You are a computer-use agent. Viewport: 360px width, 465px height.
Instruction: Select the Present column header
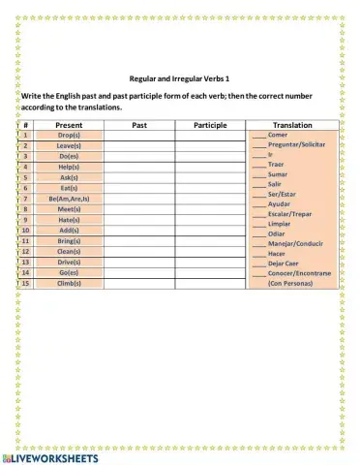point(69,125)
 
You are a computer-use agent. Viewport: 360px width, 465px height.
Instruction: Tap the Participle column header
point(210,125)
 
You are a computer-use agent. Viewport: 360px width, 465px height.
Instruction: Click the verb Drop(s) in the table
point(69,136)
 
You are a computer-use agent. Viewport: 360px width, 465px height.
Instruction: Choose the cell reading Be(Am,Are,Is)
point(69,199)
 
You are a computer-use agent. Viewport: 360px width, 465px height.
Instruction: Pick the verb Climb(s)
point(69,284)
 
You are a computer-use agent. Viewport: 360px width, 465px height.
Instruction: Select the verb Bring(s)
point(69,241)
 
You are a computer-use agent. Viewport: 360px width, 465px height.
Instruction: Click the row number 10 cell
point(25,231)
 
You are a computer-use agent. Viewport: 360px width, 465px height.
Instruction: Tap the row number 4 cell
point(25,167)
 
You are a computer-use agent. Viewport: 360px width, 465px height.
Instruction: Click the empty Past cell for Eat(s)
point(139,188)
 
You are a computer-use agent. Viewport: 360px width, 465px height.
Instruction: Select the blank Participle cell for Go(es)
point(210,273)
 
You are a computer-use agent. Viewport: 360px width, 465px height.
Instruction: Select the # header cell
point(25,125)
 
